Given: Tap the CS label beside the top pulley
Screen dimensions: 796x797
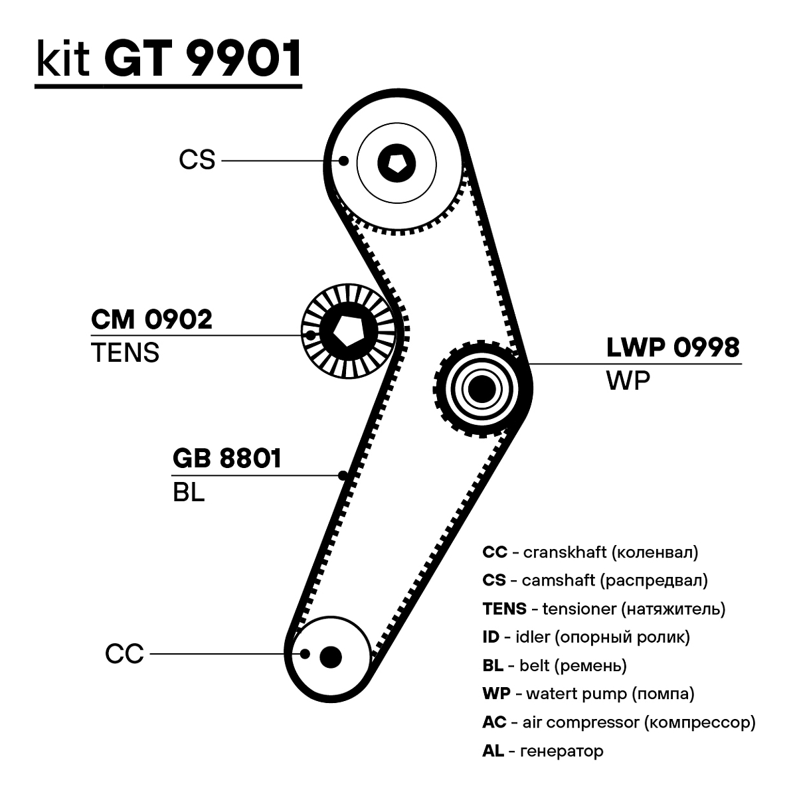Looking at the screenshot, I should click(197, 160).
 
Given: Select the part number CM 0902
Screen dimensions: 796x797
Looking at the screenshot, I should click(151, 319).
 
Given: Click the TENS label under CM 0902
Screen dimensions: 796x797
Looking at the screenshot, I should click(125, 353).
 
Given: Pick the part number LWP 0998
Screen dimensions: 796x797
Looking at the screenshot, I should click(673, 347).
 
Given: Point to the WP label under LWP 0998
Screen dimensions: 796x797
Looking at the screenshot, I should click(628, 380).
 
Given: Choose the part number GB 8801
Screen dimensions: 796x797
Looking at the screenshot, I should click(227, 459).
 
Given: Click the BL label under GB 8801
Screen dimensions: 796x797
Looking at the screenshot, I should click(188, 493).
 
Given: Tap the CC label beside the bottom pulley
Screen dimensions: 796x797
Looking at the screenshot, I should click(124, 654).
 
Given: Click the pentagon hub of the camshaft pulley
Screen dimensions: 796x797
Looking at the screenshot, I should click(397, 161).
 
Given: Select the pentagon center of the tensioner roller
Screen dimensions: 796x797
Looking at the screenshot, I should click(345, 330).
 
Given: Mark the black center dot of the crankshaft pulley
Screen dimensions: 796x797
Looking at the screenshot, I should click(330, 657).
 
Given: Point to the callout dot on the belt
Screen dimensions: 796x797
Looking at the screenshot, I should click(343, 475).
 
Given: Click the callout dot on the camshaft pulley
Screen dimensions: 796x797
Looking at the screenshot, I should click(343, 160).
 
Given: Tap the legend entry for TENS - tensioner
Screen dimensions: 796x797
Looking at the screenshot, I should click(604, 608).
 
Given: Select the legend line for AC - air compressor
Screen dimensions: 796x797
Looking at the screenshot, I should click(618, 722).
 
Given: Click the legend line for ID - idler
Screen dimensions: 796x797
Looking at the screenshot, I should click(586, 637).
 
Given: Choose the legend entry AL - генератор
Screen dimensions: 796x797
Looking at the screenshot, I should click(543, 751).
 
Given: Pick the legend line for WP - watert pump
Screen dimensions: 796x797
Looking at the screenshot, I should click(588, 694).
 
